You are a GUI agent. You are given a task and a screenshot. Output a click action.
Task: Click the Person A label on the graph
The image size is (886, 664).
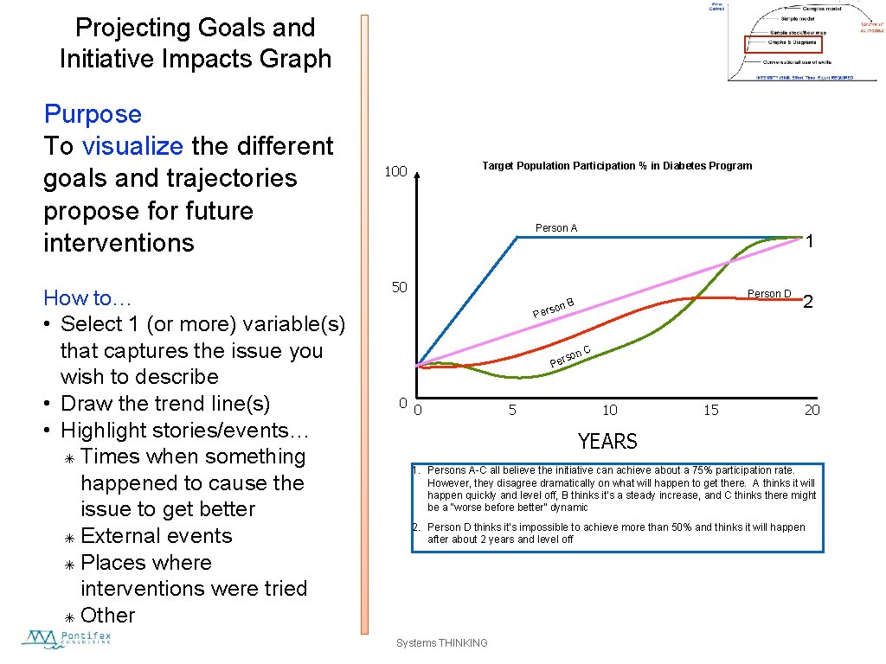(x=555, y=228)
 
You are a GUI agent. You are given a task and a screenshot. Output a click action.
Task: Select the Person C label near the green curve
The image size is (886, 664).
(x=570, y=355)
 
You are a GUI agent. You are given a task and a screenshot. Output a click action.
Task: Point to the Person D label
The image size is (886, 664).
(x=768, y=294)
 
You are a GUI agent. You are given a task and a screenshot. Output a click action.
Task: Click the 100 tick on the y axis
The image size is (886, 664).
(x=395, y=172)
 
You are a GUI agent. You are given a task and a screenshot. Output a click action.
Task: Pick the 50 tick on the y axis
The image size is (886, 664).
(x=399, y=287)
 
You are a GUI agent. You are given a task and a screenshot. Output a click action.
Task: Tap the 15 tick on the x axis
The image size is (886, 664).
(x=710, y=410)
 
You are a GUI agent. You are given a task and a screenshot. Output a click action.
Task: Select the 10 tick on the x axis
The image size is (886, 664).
(x=610, y=410)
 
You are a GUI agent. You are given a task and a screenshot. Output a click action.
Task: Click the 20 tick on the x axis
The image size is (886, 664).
(x=812, y=410)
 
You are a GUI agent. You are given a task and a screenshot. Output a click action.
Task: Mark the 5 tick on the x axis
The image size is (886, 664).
(x=512, y=410)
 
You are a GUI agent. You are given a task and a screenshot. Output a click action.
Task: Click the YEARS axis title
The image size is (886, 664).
(x=607, y=442)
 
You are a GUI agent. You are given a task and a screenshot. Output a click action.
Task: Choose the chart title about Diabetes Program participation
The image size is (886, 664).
(x=617, y=166)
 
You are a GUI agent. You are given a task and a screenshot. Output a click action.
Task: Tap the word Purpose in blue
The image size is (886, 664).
(x=93, y=114)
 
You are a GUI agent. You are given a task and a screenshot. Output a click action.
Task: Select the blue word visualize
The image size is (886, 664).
(x=132, y=146)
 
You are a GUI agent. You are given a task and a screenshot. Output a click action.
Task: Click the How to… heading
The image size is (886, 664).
(x=87, y=298)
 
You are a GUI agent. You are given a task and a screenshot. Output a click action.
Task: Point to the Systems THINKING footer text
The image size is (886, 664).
(x=441, y=643)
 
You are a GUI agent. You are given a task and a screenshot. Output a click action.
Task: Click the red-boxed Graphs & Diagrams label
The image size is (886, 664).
(x=781, y=43)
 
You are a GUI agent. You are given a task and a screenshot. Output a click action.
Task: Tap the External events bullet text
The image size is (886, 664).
(x=156, y=536)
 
